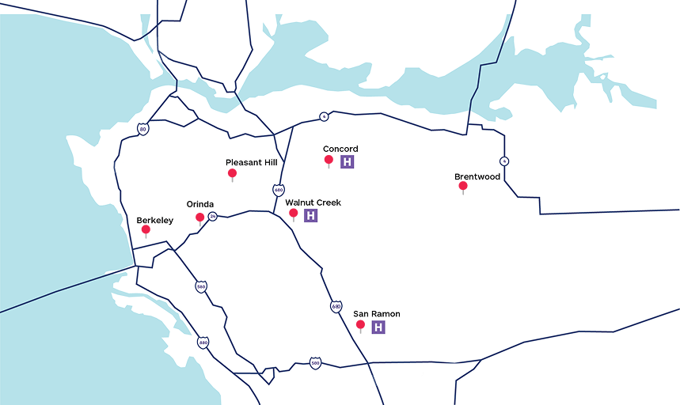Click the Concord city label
(x=340, y=149)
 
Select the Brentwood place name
(x=477, y=176)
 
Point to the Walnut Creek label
(x=313, y=202)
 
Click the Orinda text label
(x=200, y=204)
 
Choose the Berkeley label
(x=155, y=220)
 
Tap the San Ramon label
(x=377, y=314)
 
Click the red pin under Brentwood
(x=463, y=187)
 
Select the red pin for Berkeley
(x=146, y=230)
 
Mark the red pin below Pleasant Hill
(x=232, y=173)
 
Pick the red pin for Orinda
(x=200, y=217)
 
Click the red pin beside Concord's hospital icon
(x=329, y=161)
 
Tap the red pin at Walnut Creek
(x=294, y=214)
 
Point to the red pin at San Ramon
(x=360, y=325)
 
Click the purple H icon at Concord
(x=347, y=161)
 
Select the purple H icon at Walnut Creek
(x=311, y=215)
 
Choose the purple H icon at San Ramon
(x=378, y=327)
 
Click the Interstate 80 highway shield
(x=142, y=128)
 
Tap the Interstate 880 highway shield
(x=203, y=343)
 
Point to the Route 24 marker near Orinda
(x=212, y=216)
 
